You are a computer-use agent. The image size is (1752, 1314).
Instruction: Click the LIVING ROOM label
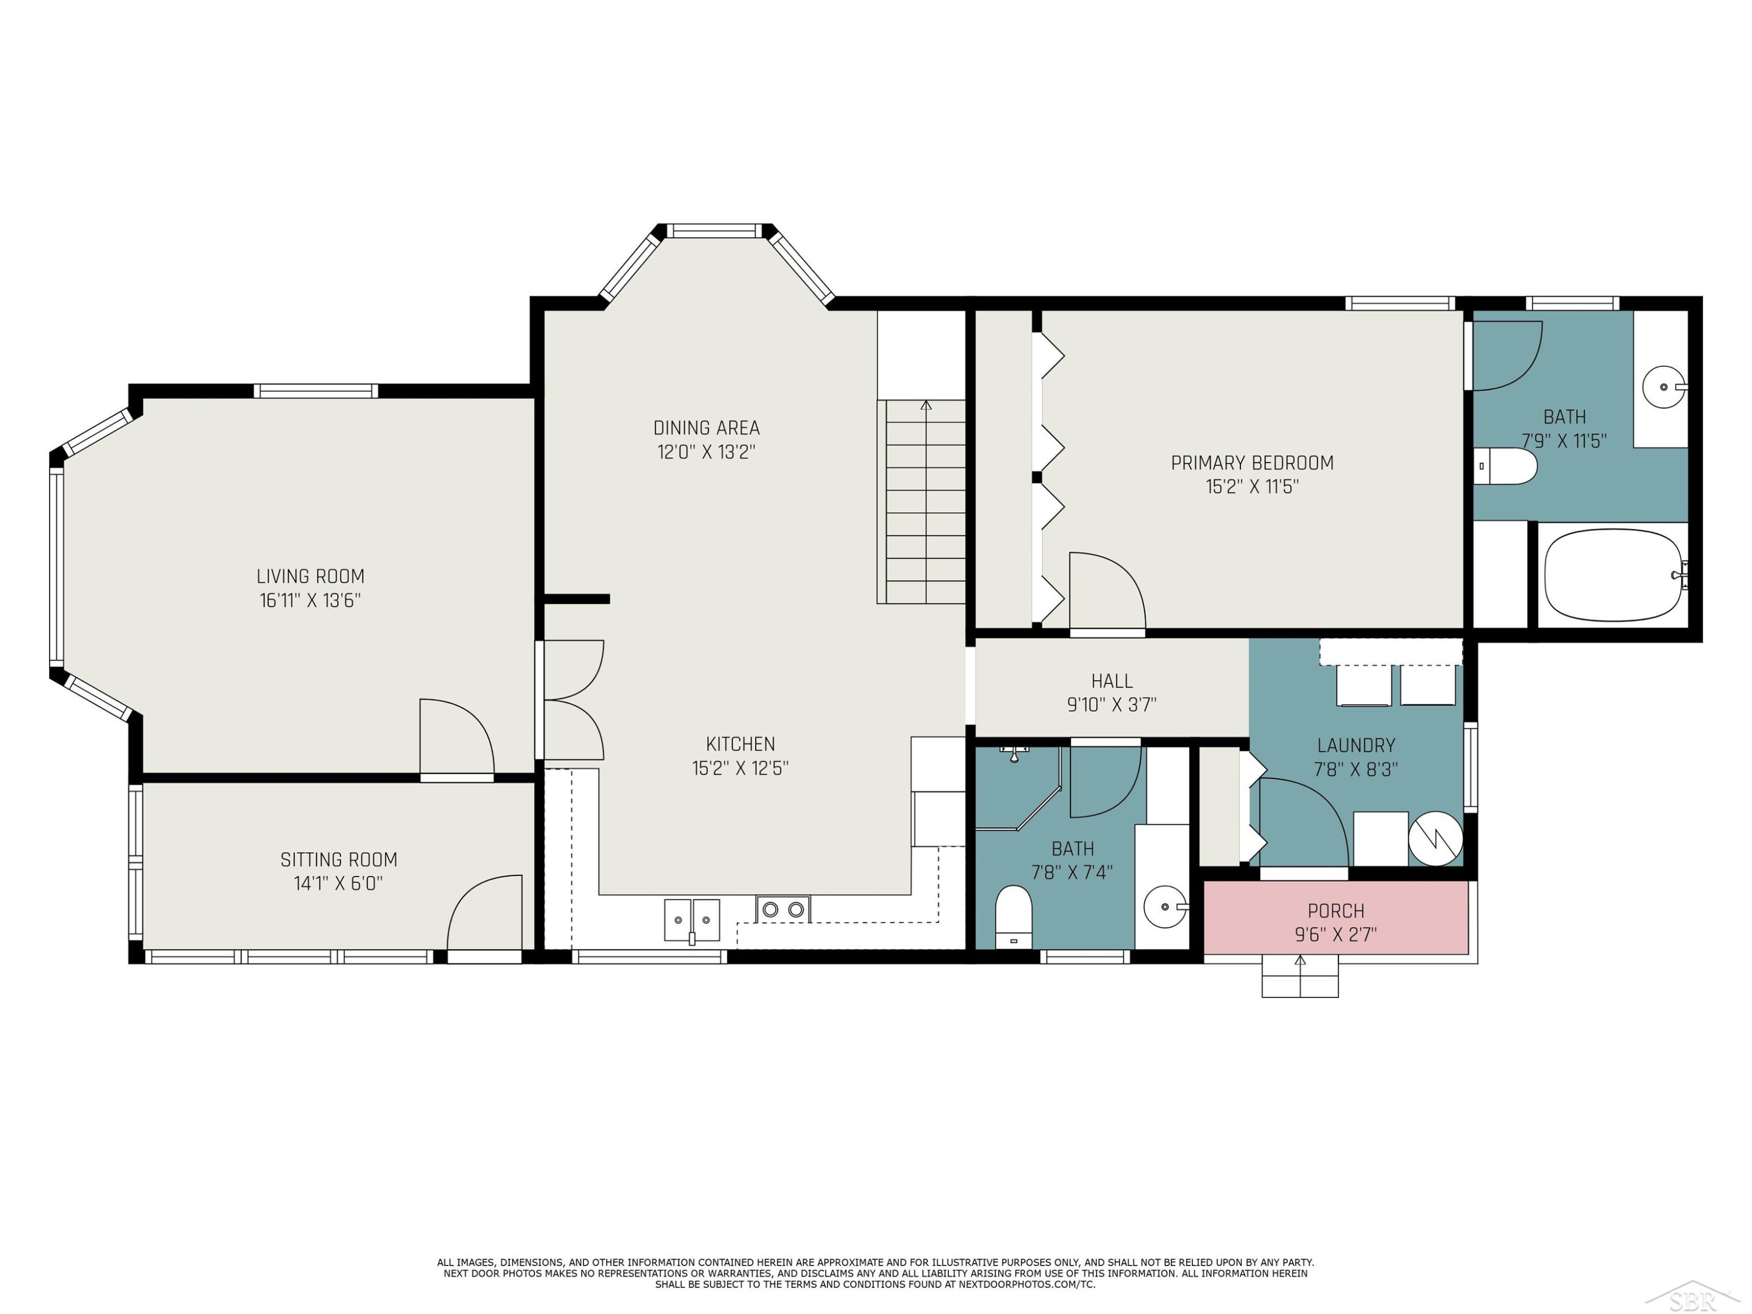click(311, 576)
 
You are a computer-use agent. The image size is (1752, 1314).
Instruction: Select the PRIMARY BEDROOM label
click(1252, 463)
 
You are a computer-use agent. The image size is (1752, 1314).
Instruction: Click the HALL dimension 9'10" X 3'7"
click(1112, 705)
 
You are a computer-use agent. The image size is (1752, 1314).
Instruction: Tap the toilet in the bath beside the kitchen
click(1014, 916)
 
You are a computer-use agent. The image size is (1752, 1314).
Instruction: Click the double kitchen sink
click(691, 920)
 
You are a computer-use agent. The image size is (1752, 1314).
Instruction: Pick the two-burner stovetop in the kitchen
click(783, 909)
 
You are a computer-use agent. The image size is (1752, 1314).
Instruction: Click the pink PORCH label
click(1336, 911)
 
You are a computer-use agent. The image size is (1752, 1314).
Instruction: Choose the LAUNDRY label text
click(1356, 745)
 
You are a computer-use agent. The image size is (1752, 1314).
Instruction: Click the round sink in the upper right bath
click(1664, 387)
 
